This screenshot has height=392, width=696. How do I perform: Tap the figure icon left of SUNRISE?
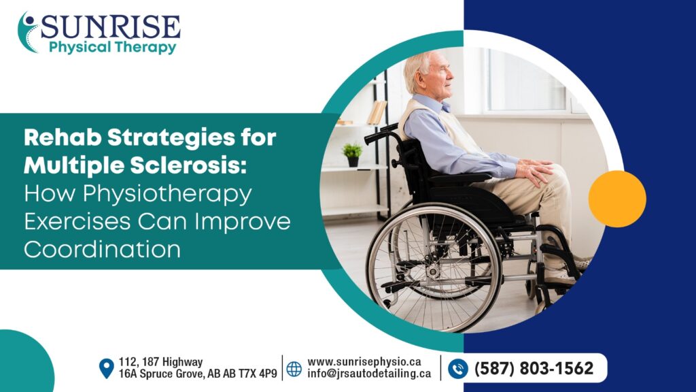click(x=28, y=31)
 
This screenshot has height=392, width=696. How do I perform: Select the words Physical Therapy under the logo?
click(x=112, y=48)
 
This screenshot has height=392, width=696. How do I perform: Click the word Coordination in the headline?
click(x=102, y=249)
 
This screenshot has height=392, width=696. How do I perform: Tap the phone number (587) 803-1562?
click(x=534, y=369)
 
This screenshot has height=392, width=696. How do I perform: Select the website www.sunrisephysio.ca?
click(x=364, y=362)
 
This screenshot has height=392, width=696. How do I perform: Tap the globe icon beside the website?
click(x=294, y=369)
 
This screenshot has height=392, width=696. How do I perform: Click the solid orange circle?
click(x=616, y=199)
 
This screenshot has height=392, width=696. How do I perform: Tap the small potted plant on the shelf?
click(x=352, y=154)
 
